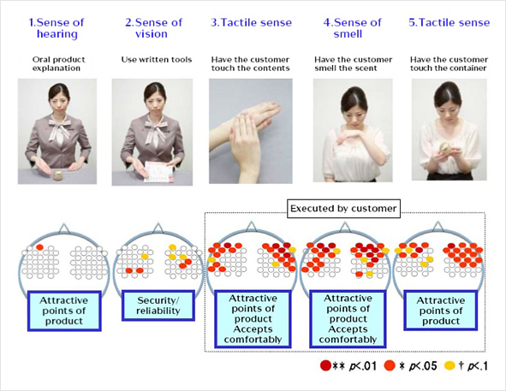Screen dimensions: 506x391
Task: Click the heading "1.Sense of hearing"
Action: pyautogui.click(x=57, y=28)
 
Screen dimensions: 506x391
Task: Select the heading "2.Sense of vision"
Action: pyautogui.click(x=153, y=28)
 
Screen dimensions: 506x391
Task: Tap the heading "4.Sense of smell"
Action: pyautogui.click(x=352, y=28)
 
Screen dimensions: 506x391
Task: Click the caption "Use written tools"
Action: pyautogui.click(x=157, y=60)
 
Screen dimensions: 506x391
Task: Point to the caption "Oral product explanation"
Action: pyautogui.click(x=58, y=64)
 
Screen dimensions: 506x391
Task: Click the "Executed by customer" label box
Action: pyautogui.click(x=343, y=209)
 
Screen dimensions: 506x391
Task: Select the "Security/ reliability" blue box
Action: pyautogui.click(x=158, y=305)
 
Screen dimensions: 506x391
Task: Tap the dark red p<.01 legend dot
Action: pyautogui.click(x=325, y=365)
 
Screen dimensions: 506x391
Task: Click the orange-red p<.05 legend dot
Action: pyautogui.click(x=390, y=365)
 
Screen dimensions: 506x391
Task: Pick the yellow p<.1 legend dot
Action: pyautogui.click(x=449, y=365)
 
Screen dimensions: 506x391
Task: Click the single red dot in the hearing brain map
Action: pyautogui.click(x=39, y=247)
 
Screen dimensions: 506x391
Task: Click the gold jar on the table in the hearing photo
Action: pyautogui.click(x=59, y=175)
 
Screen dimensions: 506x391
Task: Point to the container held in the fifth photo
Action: pyautogui.click(x=446, y=148)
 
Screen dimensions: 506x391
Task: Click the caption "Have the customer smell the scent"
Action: pyautogui.click(x=353, y=64)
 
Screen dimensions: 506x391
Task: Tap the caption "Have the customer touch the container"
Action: pyautogui.click(x=449, y=64)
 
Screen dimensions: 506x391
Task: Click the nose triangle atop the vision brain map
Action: pyautogui.click(x=158, y=228)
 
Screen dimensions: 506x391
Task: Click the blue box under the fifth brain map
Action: pyautogui.click(x=440, y=311)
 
